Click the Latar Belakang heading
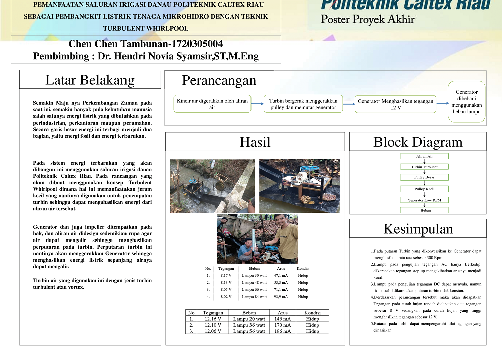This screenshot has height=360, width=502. pyautogui.click(x=90, y=80)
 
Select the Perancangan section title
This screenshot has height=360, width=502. pyautogui.click(x=219, y=80)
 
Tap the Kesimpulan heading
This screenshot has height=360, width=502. pyautogui.click(x=418, y=229)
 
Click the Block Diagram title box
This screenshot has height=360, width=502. pyautogui.click(x=418, y=142)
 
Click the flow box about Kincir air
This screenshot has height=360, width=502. pyautogui.click(x=212, y=104)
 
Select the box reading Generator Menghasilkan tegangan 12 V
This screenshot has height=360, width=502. pyautogui.click(x=396, y=104)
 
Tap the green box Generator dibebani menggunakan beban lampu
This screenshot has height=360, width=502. pyautogui.click(x=467, y=102)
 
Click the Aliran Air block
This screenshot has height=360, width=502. pyautogui.click(x=424, y=156)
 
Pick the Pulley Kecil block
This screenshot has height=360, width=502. pyautogui.click(x=424, y=189)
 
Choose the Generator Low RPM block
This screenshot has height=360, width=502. pyautogui.click(x=424, y=200)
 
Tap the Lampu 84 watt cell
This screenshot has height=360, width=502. pyautogui.click(x=254, y=297)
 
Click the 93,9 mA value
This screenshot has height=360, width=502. pyautogui.click(x=281, y=297)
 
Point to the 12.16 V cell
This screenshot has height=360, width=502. pyautogui.click(x=213, y=319)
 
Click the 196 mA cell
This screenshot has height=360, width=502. pyautogui.click(x=282, y=331)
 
